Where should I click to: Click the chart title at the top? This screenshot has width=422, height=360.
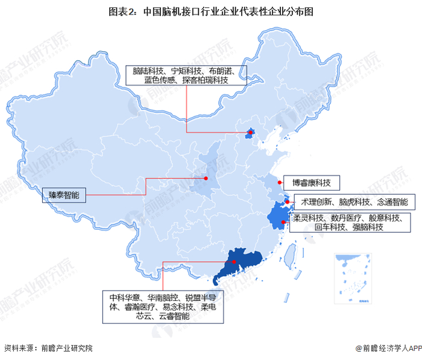pos(211,11)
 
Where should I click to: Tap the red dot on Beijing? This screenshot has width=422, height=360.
pos(250,133)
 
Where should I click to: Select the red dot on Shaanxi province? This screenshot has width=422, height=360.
pos(206,178)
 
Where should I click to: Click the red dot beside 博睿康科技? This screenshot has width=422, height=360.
pos(280,182)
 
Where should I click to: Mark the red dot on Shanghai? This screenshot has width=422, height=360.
pos(288,202)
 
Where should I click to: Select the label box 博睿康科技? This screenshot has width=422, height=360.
pos(313,183)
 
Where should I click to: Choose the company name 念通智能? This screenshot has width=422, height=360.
pos(392,202)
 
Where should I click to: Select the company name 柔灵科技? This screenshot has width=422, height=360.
pos(309,218)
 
